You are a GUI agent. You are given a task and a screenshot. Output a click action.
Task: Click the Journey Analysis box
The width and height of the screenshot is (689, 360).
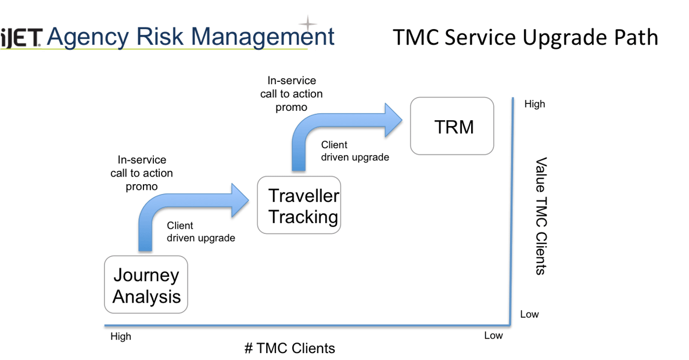pyautogui.click(x=146, y=285)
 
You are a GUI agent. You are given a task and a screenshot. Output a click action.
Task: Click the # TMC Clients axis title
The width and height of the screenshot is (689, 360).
pyautogui.click(x=289, y=348)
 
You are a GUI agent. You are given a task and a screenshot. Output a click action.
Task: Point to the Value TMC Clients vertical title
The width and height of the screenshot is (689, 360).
pyautogui.click(x=541, y=215)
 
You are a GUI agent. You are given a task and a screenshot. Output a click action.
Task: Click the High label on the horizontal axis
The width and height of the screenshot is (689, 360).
pyautogui.click(x=121, y=336)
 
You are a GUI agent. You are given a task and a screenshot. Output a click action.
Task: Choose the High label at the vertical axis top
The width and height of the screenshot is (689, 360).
pyautogui.click(x=534, y=105)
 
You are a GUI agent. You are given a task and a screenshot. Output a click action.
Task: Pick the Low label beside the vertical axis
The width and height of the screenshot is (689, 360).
pyautogui.click(x=529, y=315)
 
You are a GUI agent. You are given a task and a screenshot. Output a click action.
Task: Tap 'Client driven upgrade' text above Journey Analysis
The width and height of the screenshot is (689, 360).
pyautogui.click(x=200, y=232)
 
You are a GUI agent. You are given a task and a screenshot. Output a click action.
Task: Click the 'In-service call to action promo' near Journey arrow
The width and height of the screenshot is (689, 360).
pyautogui.click(x=141, y=173)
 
